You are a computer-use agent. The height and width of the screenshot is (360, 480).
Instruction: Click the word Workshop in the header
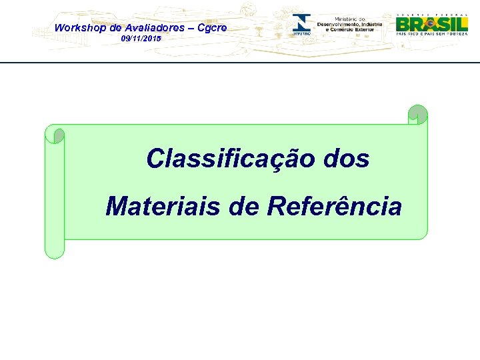click(x=77, y=28)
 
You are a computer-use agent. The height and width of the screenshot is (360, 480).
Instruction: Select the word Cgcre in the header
click(x=212, y=28)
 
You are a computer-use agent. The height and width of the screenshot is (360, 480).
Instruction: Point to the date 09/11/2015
click(x=141, y=39)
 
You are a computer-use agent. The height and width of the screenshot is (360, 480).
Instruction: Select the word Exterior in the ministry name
click(x=369, y=30)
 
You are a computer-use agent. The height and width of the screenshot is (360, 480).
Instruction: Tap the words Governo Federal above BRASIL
click(x=431, y=14)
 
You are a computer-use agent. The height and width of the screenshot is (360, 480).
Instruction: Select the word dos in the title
click(x=345, y=159)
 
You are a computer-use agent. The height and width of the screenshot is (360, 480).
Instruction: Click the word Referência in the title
click(x=335, y=207)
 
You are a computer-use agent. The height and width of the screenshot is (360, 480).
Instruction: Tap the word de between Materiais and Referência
click(x=244, y=207)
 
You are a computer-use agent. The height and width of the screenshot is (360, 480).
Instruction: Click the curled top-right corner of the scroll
click(x=417, y=114)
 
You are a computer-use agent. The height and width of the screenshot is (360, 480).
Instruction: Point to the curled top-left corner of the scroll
click(x=55, y=134)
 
